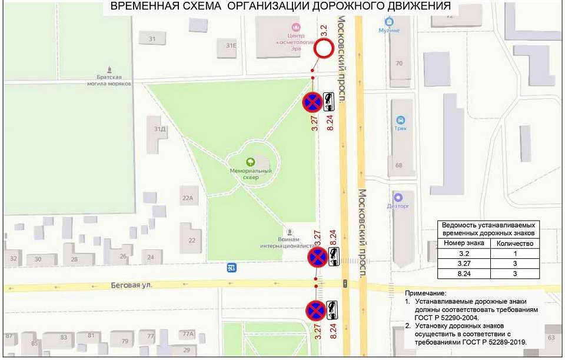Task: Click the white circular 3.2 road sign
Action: [x=323, y=49]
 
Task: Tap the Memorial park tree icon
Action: [x=250, y=161]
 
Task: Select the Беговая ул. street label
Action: [x=131, y=285]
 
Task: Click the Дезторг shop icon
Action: [x=398, y=197]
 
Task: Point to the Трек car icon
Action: [x=400, y=119]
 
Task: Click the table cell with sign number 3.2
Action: [x=464, y=254]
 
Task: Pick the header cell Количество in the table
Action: [x=515, y=243]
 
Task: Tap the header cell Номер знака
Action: [x=464, y=243]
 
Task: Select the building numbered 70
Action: [x=400, y=64]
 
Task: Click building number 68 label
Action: [x=399, y=165]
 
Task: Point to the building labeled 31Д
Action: [x=158, y=129]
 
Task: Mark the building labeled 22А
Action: [x=187, y=198]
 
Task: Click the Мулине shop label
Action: [x=389, y=30]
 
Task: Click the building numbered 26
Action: [x=123, y=256]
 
